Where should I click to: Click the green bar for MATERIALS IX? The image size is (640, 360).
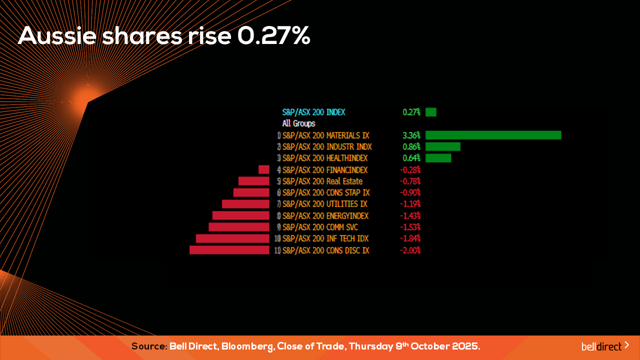493,135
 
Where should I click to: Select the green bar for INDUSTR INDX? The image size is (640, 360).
442,146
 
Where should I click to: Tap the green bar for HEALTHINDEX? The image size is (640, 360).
438,158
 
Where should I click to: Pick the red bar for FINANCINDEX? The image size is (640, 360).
264,169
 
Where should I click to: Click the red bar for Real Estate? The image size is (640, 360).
253,181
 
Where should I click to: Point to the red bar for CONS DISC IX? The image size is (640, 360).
229,250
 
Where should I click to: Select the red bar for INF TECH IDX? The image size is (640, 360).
232,238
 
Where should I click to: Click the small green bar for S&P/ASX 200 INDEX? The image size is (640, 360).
430,112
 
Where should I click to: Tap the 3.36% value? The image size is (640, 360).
411,135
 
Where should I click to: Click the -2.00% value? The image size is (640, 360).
410,250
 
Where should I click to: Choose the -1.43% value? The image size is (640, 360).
410,215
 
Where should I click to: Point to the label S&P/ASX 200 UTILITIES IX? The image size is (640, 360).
325,204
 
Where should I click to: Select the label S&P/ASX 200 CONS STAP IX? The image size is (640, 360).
326,192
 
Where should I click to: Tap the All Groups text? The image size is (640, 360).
298,123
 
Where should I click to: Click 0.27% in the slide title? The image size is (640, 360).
273,36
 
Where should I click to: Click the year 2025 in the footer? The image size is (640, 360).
463,346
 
